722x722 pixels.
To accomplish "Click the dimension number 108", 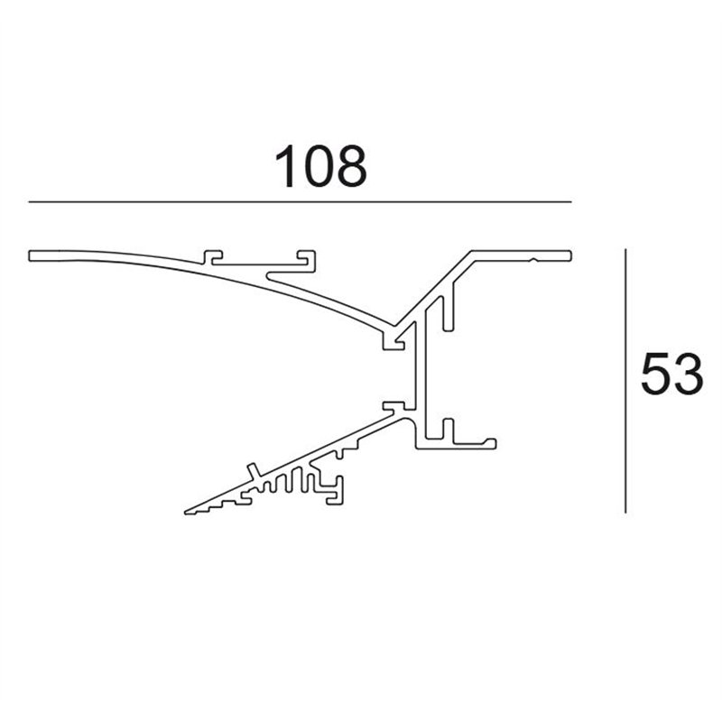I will click(321, 166).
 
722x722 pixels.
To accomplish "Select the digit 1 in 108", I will click(287, 166).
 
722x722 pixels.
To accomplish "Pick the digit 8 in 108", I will click(353, 166).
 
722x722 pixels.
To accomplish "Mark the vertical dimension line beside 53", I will click(625, 379).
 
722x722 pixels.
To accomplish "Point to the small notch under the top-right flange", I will click(535, 261).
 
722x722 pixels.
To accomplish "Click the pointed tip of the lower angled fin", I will click(186, 513).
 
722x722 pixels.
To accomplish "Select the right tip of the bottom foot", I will click(496, 443).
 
